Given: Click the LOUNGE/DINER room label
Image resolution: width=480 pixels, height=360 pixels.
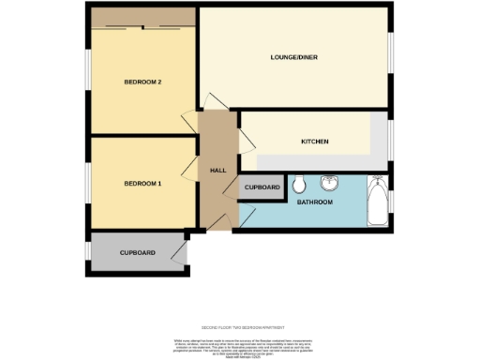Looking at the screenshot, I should (293, 58).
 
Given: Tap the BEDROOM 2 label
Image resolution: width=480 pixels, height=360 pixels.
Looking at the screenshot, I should (143, 82).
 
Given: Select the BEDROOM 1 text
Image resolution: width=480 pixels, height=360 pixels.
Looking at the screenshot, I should (143, 183).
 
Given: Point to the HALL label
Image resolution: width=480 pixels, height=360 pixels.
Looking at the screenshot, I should (217, 170).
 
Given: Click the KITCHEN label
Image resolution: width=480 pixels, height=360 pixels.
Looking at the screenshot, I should (314, 142).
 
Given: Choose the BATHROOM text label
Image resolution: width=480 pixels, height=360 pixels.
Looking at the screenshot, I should (315, 202).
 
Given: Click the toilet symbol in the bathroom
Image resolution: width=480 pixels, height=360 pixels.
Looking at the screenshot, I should (298, 182).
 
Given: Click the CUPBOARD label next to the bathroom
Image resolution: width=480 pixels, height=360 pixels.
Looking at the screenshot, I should (262, 187).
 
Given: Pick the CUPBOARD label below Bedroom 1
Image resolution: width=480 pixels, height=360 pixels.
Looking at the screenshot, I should (137, 252).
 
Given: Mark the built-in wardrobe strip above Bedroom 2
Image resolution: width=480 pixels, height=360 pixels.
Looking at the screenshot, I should (143, 17).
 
